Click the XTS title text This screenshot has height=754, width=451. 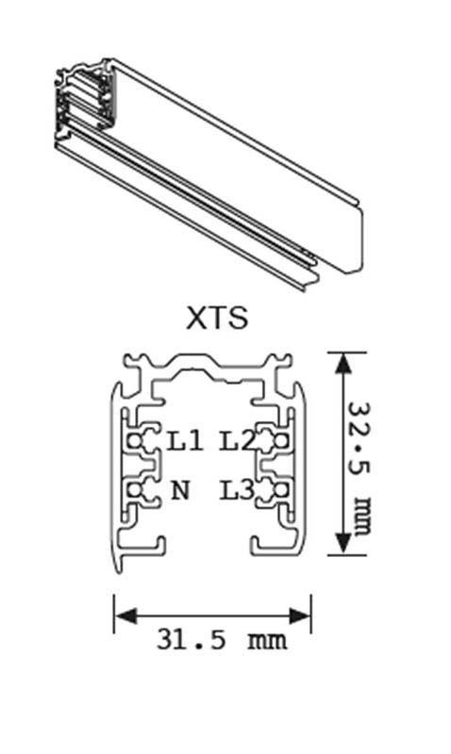[x=217, y=318]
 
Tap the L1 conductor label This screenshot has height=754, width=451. [x=184, y=441]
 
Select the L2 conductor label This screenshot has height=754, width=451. [x=237, y=441]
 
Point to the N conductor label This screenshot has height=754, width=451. [x=180, y=490]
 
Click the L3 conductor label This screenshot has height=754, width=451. [x=237, y=490]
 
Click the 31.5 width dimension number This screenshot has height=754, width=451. [x=192, y=640]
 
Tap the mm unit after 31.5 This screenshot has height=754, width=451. [x=267, y=641]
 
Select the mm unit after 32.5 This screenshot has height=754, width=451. [x=361, y=515]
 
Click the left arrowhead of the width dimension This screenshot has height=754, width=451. [x=125, y=615]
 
